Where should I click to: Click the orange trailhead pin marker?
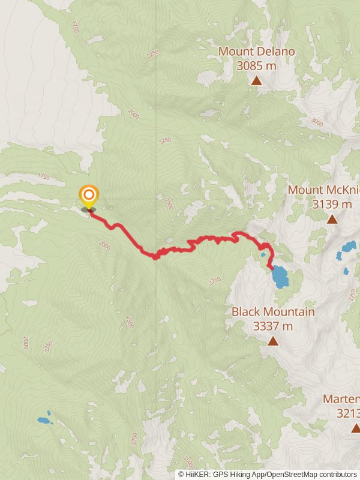[x=89, y=196]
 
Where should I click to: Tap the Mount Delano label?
[x=256, y=52]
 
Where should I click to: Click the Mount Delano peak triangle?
[x=256, y=80]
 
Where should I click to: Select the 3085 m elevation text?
[x=256, y=66]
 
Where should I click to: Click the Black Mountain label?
[x=273, y=312]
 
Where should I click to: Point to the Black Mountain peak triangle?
[x=273, y=341]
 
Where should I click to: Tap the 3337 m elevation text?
[x=273, y=326]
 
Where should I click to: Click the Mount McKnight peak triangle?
[x=332, y=219]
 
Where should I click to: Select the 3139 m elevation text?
[x=332, y=204]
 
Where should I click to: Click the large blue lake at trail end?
[x=279, y=277]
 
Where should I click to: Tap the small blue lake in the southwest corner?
[x=44, y=420]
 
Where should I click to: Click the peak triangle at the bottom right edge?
[x=355, y=428]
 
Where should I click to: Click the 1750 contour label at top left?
[x=74, y=26]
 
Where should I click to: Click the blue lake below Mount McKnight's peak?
[x=348, y=247]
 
